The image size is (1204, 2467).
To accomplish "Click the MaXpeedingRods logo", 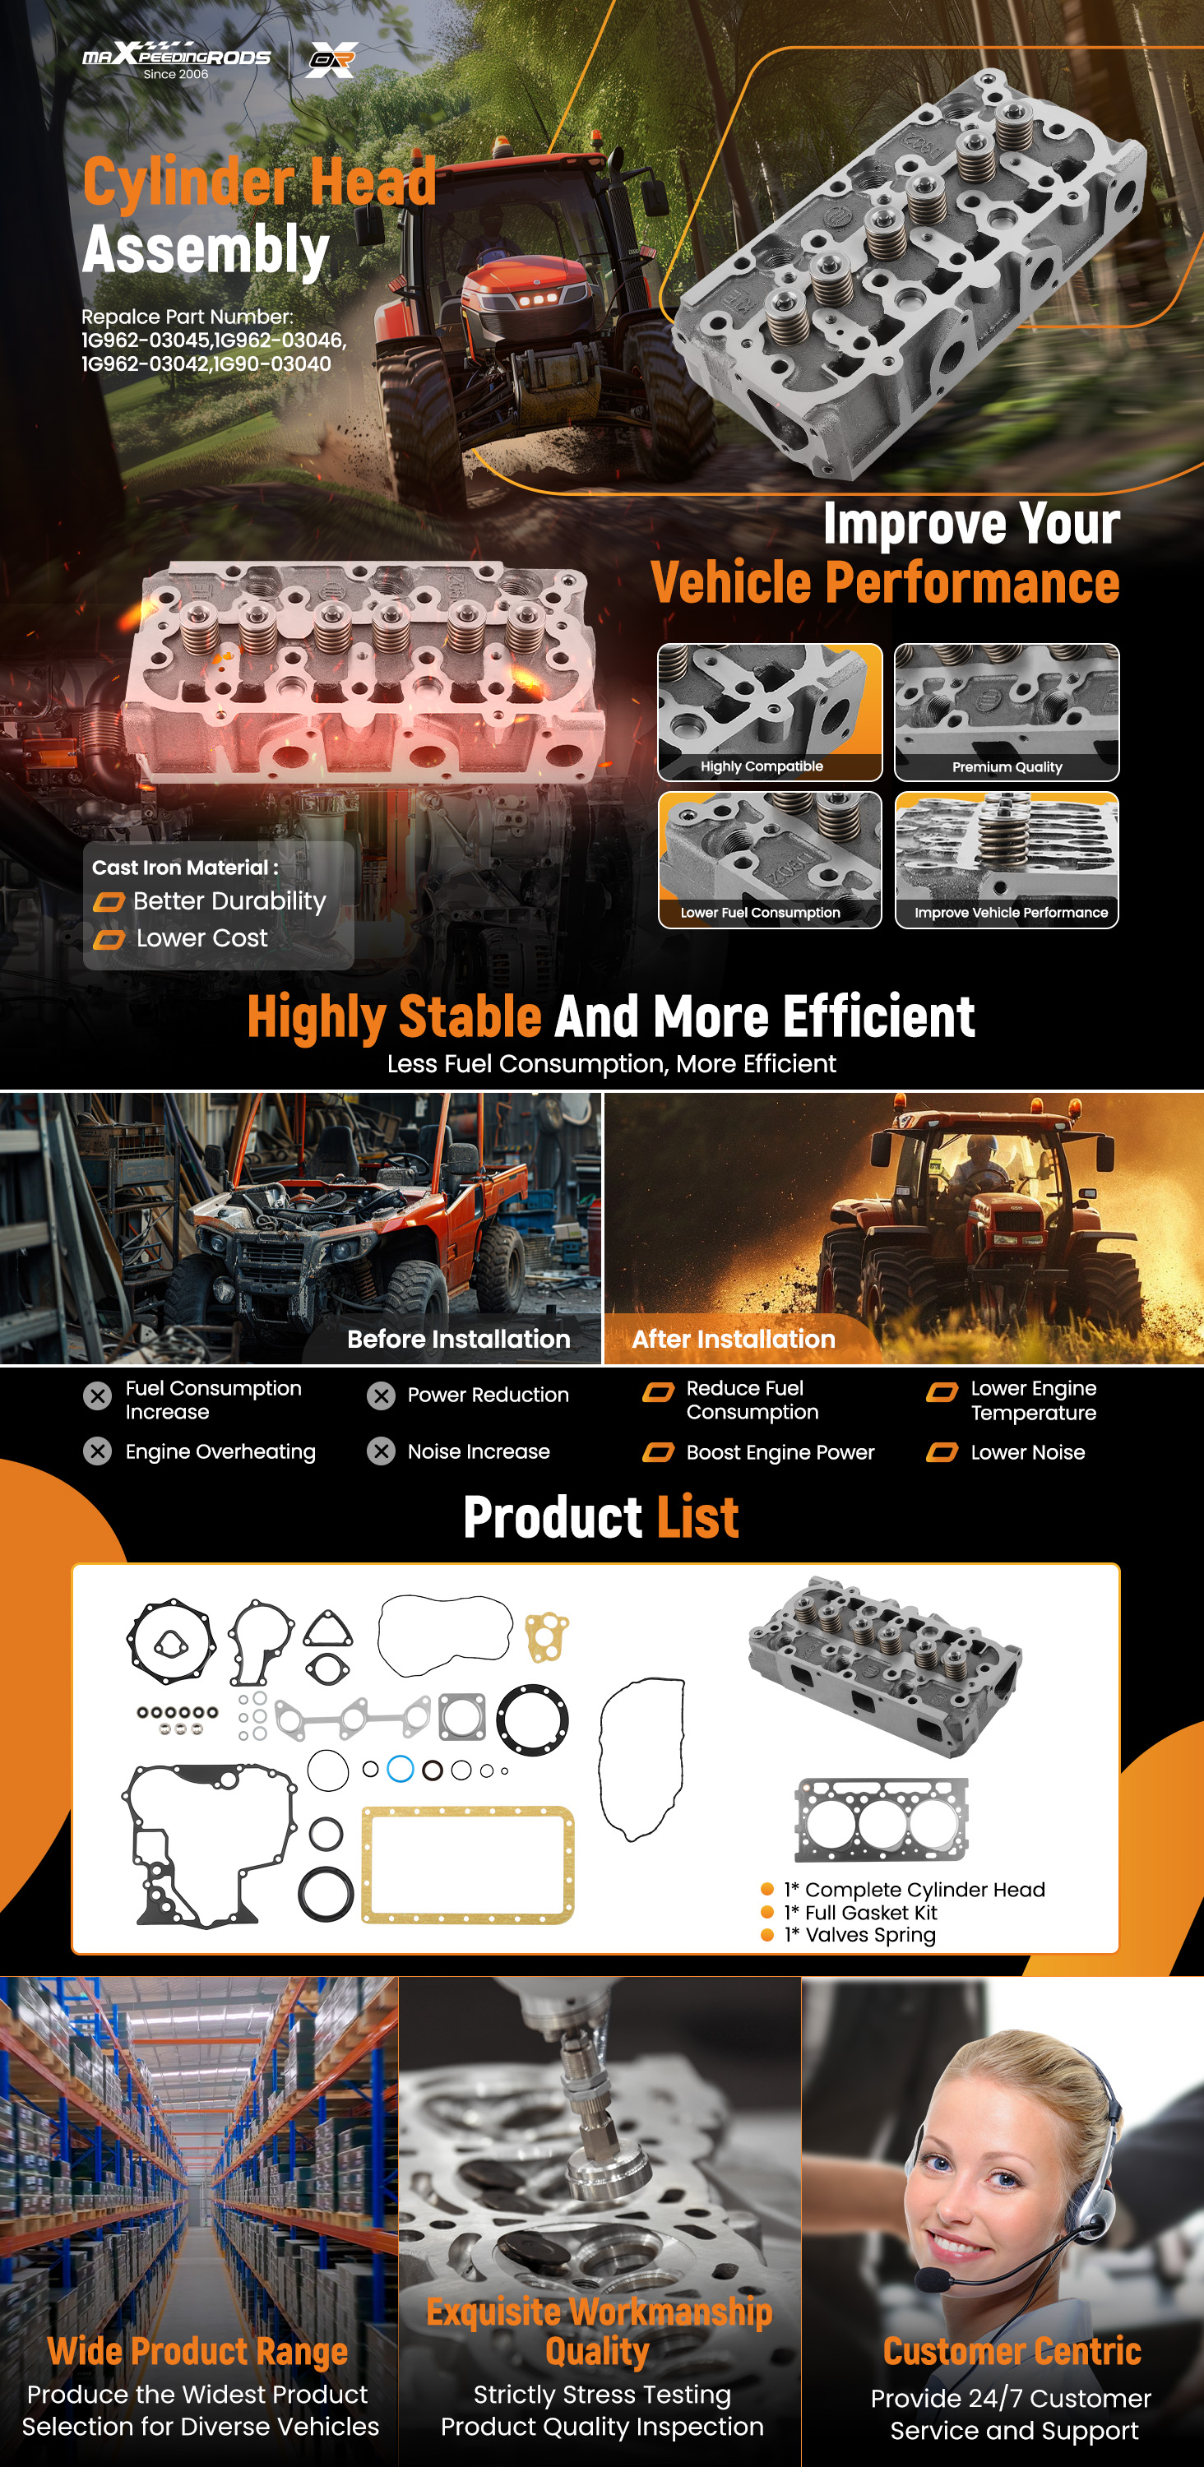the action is [176, 59].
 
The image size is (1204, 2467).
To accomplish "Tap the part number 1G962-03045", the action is [146, 340].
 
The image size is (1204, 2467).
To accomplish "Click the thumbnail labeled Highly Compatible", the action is [770, 711].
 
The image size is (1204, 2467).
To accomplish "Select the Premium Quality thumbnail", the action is [1007, 711].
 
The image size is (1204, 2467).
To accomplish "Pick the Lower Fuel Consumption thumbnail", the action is [770, 859].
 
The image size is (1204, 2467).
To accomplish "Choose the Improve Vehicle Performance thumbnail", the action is [1007, 859].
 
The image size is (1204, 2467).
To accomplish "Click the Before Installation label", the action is [459, 1339].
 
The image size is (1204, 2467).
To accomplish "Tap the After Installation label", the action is [734, 1339].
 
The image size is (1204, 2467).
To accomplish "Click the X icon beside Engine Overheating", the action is [97, 1452].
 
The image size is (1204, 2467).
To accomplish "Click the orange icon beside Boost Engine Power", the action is [658, 1453].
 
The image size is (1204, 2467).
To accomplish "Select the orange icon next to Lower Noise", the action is [942, 1453].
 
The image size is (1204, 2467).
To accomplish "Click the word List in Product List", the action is [697, 1518].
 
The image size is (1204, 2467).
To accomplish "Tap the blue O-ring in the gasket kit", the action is [401, 1769].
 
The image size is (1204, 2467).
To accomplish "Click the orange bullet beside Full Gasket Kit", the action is [766, 1912].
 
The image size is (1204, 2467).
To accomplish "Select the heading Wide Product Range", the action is [198, 2350].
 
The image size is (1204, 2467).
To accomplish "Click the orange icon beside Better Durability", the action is [109, 902].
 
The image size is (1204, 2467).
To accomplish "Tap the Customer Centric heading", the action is [1012, 2350].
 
